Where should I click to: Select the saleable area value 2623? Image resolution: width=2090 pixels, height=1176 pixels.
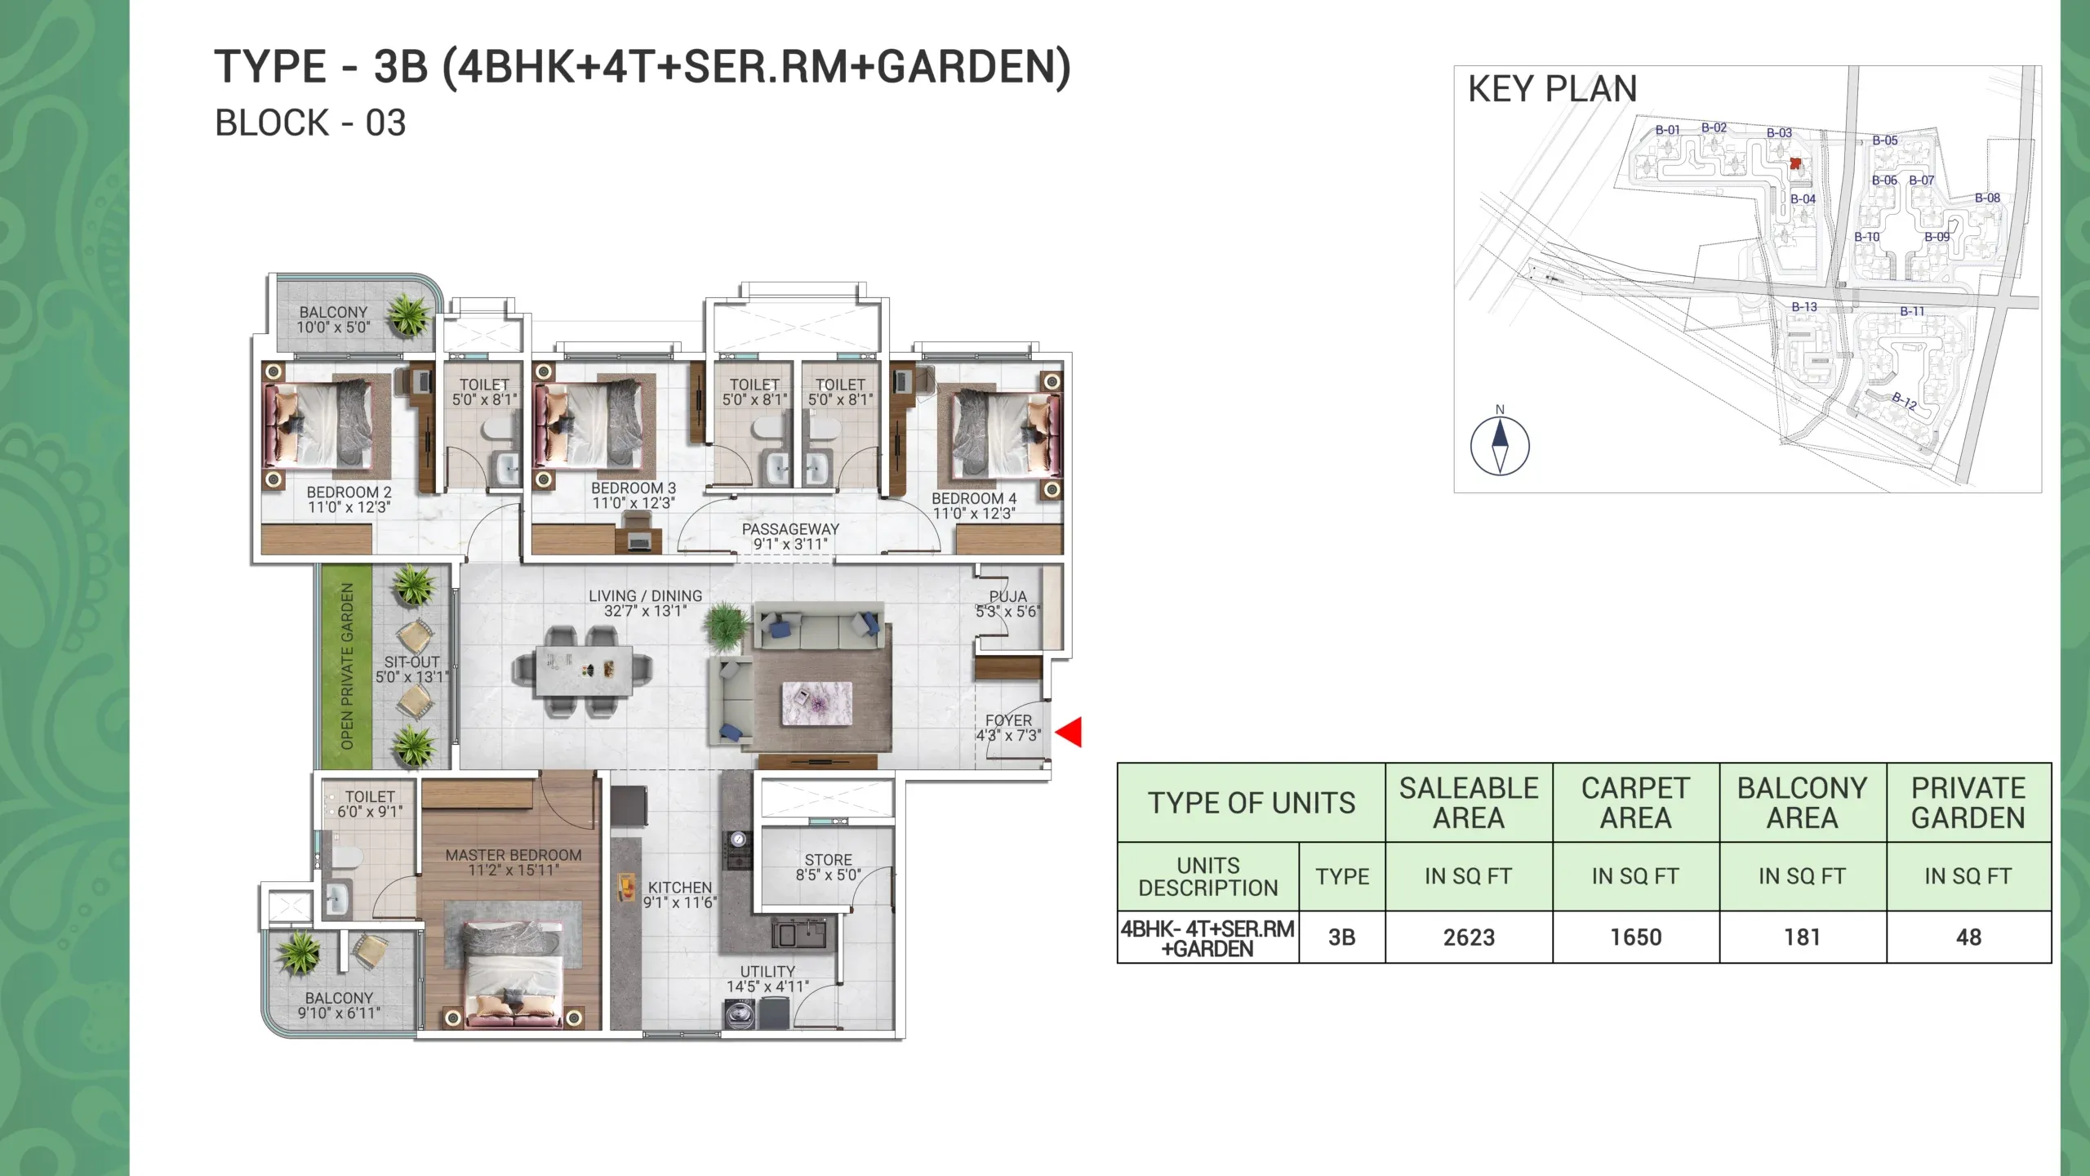pyautogui.click(x=1469, y=938)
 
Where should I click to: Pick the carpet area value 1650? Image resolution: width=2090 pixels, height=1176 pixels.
pyautogui.click(x=1635, y=938)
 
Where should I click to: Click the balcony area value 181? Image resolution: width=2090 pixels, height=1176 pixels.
pyautogui.click(x=1802, y=938)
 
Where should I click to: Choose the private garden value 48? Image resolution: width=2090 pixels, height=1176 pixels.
pyautogui.click(x=1968, y=938)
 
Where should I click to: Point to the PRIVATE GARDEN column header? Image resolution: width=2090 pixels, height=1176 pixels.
pyautogui.click(x=1968, y=803)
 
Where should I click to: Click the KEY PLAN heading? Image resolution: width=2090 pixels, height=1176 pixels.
pyautogui.click(x=1552, y=89)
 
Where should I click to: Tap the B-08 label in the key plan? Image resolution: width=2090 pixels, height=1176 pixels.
pyautogui.click(x=1987, y=198)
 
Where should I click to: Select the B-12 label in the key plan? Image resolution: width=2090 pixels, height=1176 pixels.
pyautogui.click(x=1905, y=400)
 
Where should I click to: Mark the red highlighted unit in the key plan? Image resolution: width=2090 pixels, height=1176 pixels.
pyautogui.click(x=1794, y=163)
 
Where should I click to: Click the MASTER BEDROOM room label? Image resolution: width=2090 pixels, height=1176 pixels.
pyautogui.click(x=514, y=855)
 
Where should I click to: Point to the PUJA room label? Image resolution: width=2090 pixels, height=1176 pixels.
pyautogui.click(x=1008, y=597)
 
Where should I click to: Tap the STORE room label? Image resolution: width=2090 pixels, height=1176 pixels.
pyautogui.click(x=828, y=860)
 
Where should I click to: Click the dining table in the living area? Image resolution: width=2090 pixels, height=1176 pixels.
pyautogui.click(x=584, y=671)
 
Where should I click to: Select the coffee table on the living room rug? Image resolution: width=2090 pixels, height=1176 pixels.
pyautogui.click(x=816, y=703)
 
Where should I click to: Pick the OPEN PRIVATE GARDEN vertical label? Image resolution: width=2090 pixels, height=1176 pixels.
pyautogui.click(x=347, y=666)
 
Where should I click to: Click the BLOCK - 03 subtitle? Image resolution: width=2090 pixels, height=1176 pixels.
pyautogui.click(x=310, y=123)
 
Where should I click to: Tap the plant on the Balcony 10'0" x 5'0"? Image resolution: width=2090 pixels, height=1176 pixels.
pyautogui.click(x=409, y=314)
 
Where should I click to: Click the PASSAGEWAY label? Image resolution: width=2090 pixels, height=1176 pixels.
pyautogui.click(x=790, y=529)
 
